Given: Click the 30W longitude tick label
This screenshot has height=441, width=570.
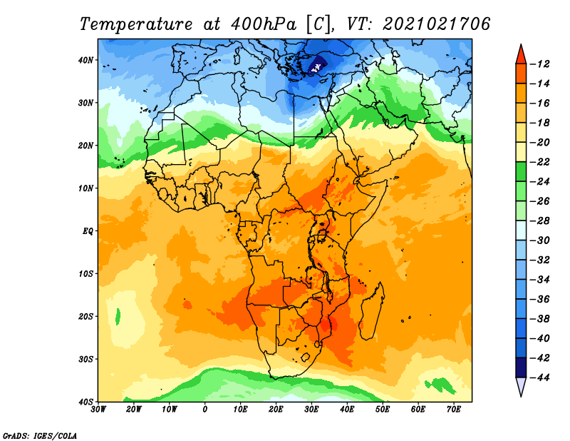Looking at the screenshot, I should pyautogui.click(x=98, y=410).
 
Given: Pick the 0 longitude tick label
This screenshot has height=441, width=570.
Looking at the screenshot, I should pyautogui.click(x=205, y=410).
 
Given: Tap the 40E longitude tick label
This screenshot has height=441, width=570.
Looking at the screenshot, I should pyautogui.click(x=348, y=410).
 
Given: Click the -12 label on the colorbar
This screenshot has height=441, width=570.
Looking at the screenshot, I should pyautogui.click(x=542, y=64).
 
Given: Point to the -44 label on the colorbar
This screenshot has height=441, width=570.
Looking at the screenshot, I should pyautogui.click(x=542, y=377).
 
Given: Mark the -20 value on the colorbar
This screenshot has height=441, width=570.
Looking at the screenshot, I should pyautogui.click(x=542, y=142).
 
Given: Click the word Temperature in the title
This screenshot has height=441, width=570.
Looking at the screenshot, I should pyautogui.click(x=138, y=24).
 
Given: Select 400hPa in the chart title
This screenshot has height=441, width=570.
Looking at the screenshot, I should pyautogui.click(x=257, y=24).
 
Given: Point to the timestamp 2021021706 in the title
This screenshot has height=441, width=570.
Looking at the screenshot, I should pyautogui.click(x=437, y=24).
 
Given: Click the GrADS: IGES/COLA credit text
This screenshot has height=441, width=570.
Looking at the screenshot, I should pyautogui.click(x=40, y=435).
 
